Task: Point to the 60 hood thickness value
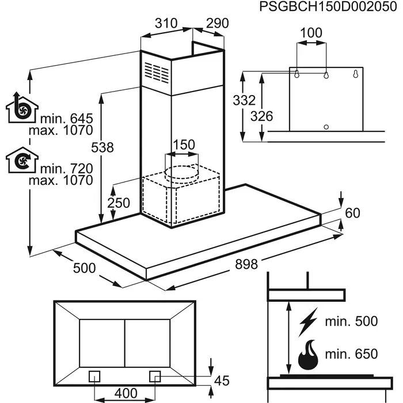(x=352, y=213)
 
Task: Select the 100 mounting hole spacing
(x=311, y=33)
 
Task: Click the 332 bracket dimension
(x=244, y=100)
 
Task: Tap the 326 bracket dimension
(x=262, y=116)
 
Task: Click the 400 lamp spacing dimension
(x=126, y=393)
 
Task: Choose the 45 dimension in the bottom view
(x=221, y=380)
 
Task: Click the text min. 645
(x=66, y=119)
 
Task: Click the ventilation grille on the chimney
(x=157, y=73)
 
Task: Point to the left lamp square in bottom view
(x=96, y=376)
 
